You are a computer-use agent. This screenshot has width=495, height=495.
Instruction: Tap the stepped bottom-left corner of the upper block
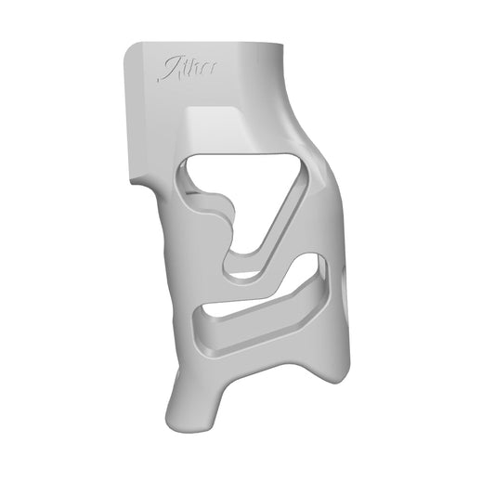click(139, 176)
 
